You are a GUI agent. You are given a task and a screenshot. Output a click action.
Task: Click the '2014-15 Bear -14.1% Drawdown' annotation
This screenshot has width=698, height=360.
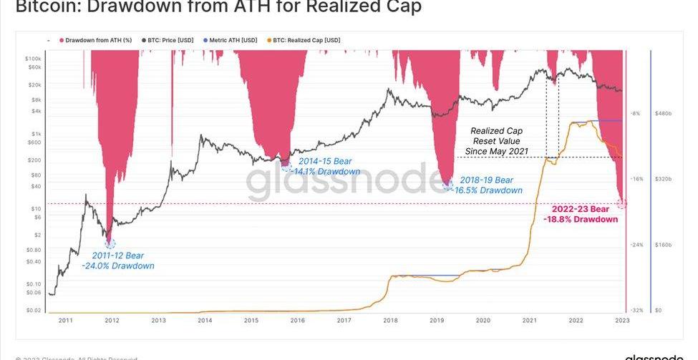(329, 167)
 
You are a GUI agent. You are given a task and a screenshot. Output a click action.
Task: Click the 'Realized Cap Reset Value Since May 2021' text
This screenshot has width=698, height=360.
(496, 141)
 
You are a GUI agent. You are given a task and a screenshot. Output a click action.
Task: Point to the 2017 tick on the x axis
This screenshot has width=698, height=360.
(344, 321)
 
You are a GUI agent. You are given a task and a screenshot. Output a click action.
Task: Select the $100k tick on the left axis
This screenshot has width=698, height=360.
(33, 58)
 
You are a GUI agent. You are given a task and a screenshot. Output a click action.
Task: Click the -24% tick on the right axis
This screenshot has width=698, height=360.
(636, 245)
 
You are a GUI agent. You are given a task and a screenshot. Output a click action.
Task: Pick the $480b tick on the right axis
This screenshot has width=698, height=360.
(662, 113)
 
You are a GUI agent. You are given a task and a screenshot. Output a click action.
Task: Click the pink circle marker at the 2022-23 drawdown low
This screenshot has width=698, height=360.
(621, 204)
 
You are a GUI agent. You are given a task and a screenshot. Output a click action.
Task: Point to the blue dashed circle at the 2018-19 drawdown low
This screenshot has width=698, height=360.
(448, 186)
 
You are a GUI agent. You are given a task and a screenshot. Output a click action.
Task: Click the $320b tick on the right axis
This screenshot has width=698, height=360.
(662, 179)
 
